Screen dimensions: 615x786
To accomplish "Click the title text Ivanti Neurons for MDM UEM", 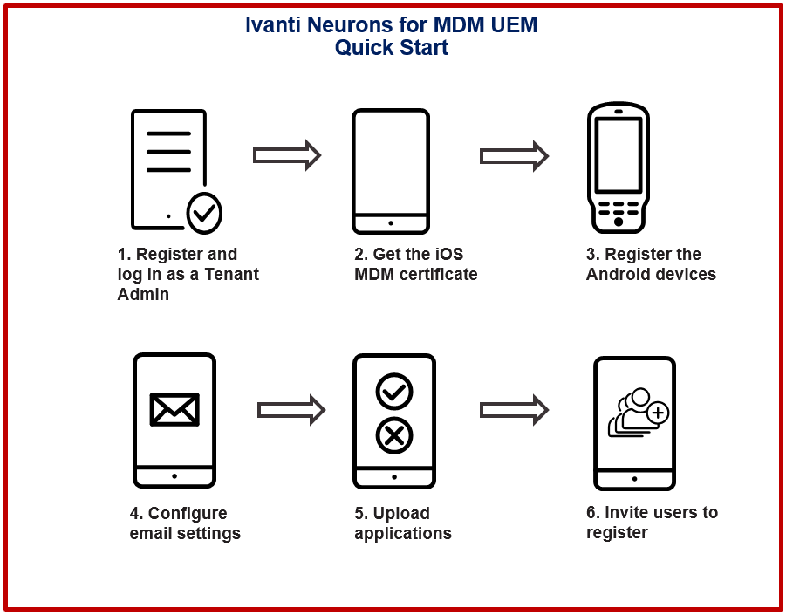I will (392, 25).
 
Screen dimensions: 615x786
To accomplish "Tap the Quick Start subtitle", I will (392, 48).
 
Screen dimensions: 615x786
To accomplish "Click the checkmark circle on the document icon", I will (204, 212).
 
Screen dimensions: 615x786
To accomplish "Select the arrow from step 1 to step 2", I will (286, 155).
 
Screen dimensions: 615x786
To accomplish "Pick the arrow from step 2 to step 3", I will (513, 155).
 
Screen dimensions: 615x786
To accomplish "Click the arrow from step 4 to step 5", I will (290, 409).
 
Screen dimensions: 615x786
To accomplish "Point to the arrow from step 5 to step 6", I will (513, 409).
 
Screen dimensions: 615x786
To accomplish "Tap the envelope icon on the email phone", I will (174, 409).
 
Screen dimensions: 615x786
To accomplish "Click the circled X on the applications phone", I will (393, 434).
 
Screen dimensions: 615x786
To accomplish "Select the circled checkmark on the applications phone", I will (393, 392).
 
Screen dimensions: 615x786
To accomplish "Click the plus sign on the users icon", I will (658, 413).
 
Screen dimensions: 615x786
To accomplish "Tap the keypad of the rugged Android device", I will (619, 210).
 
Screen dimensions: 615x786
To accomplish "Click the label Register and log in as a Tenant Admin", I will (188, 274).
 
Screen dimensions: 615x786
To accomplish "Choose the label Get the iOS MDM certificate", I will (415, 264).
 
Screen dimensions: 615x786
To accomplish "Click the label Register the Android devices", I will (651, 264).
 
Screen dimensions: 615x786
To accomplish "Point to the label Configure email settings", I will (185, 523).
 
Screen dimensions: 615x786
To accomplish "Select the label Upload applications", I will (402, 523).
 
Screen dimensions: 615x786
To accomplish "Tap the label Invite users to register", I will (652, 522).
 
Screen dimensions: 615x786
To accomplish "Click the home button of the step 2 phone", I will (390, 223).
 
